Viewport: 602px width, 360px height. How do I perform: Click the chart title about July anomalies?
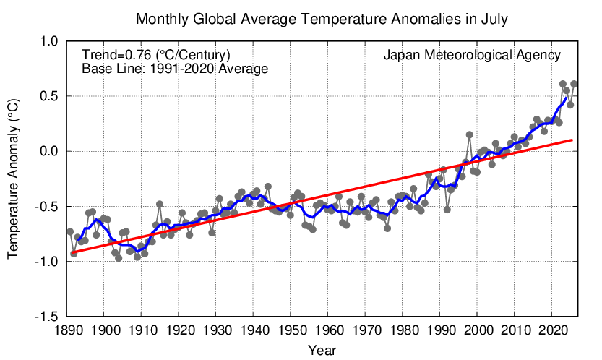pos(322,19)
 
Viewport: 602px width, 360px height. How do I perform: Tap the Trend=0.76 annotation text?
pos(156,55)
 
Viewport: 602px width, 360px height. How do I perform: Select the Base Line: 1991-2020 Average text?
pos(175,69)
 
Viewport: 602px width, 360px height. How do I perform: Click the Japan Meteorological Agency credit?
pos(472,55)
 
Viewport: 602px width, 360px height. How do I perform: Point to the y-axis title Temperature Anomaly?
pos(13,179)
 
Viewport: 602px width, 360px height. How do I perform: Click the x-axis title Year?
pos(322,350)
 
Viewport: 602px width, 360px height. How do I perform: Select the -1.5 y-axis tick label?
pos(46,317)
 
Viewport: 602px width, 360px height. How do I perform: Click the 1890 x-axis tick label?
pos(66,330)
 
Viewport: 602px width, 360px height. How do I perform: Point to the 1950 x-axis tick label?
pos(291,330)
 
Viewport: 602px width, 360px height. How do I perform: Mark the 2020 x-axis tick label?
pos(551,330)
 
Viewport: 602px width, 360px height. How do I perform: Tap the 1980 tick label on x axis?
pos(403,330)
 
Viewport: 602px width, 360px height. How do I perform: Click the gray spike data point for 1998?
pos(470,134)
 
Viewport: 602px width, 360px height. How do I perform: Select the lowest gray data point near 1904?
pos(119,258)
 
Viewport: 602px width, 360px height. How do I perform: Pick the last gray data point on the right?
pos(574,84)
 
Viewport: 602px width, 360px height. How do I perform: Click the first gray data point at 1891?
pos(70,231)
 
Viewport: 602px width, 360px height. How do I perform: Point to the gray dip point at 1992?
pos(447,210)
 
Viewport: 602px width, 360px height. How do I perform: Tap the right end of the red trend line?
pos(572,140)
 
